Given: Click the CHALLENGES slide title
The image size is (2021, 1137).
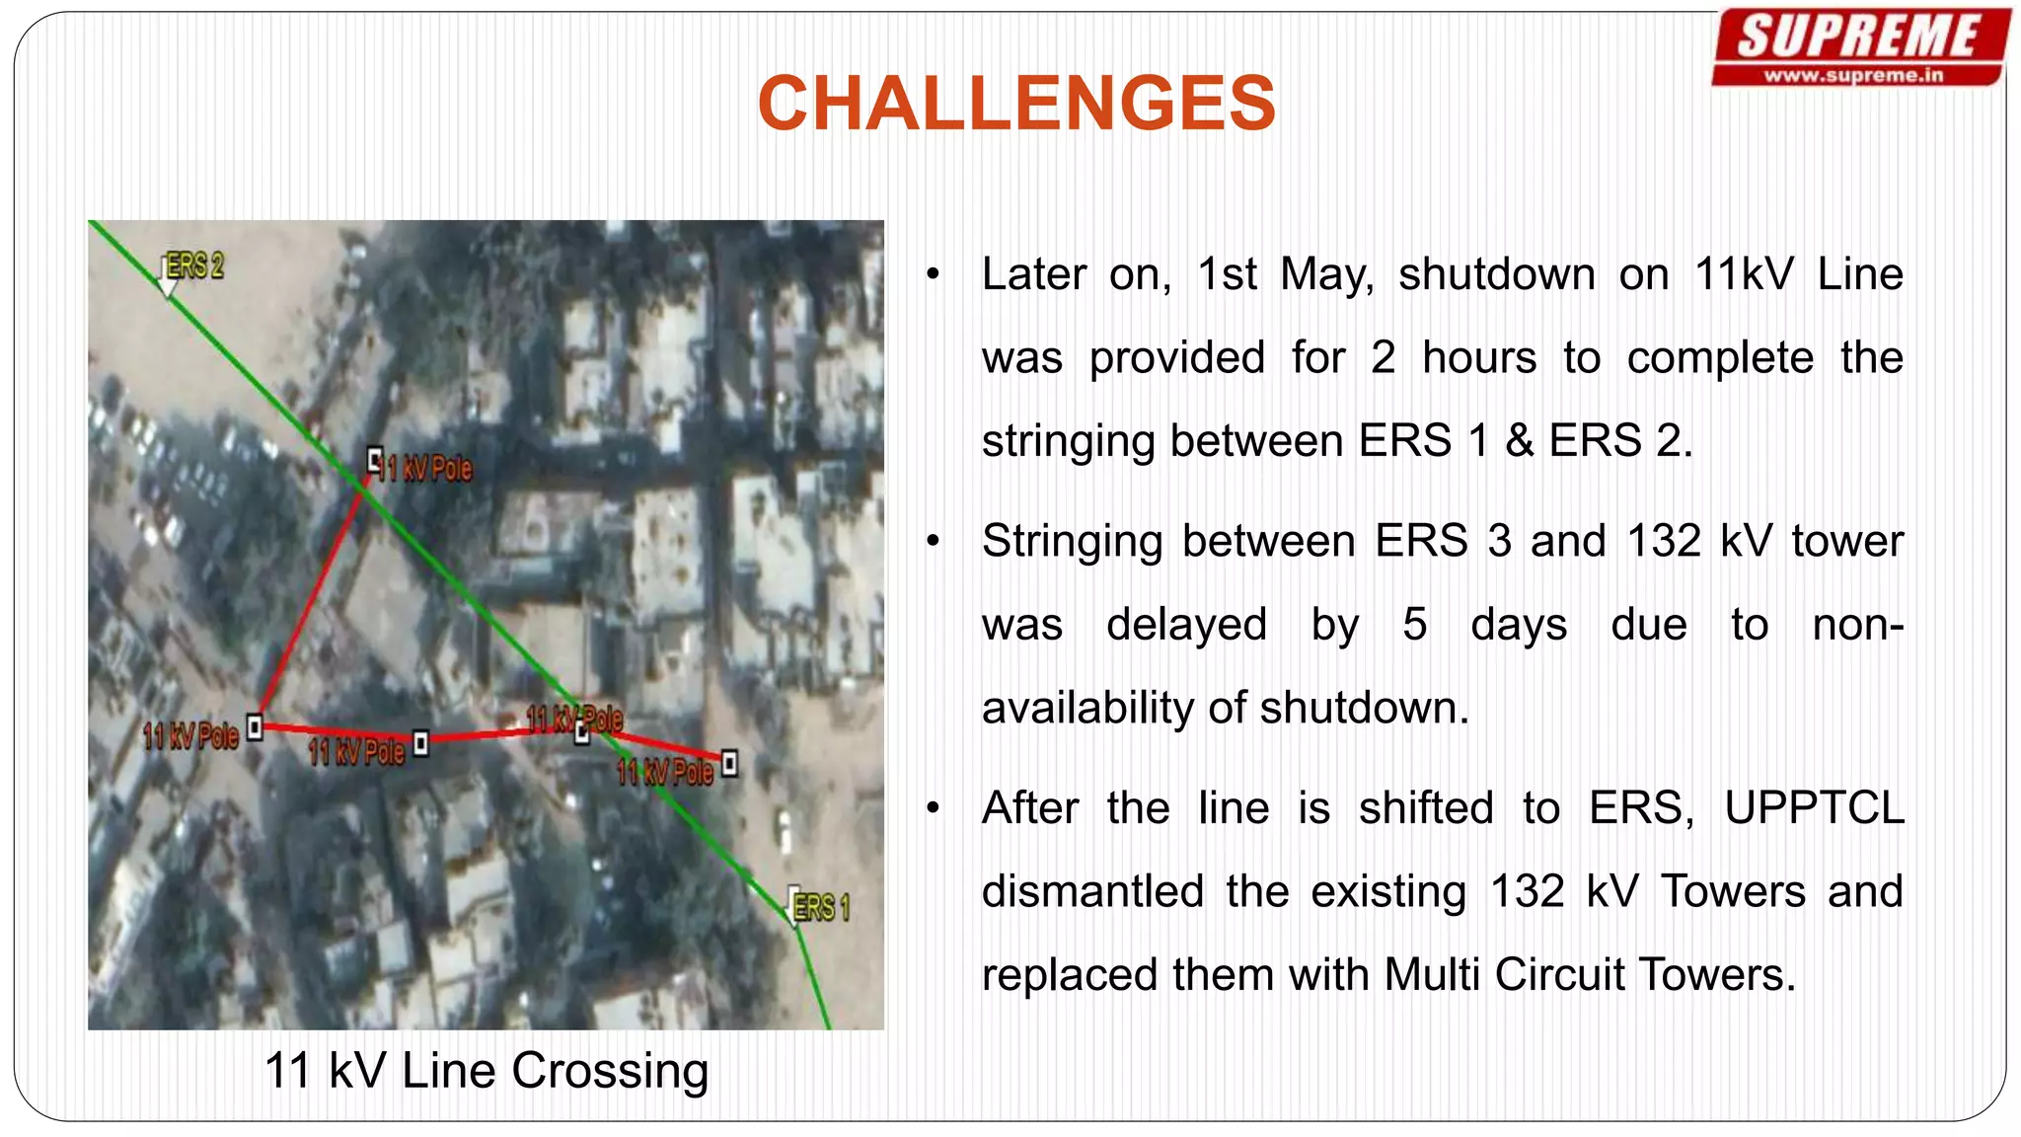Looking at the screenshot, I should [1015, 104].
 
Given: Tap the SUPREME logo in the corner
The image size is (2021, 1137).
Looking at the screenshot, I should [1859, 38].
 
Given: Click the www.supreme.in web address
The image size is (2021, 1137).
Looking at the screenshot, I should [1853, 75].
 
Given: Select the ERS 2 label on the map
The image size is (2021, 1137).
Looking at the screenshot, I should [194, 265].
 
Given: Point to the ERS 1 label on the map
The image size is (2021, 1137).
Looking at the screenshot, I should [821, 907].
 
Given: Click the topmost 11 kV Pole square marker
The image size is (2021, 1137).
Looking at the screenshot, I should [375, 459].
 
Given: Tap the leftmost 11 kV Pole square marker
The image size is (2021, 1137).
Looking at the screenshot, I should [255, 727].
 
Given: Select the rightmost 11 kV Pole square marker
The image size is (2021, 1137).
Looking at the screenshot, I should [729, 763].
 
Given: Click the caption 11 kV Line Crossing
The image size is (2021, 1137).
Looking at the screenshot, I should [487, 1071].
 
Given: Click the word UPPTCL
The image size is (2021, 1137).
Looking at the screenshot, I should [1813, 808].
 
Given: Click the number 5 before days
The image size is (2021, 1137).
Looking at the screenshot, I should [1414, 625].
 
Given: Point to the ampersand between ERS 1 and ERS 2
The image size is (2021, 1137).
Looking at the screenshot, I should [1520, 441].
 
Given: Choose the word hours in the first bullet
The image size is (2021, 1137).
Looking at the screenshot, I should [1478, 357].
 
